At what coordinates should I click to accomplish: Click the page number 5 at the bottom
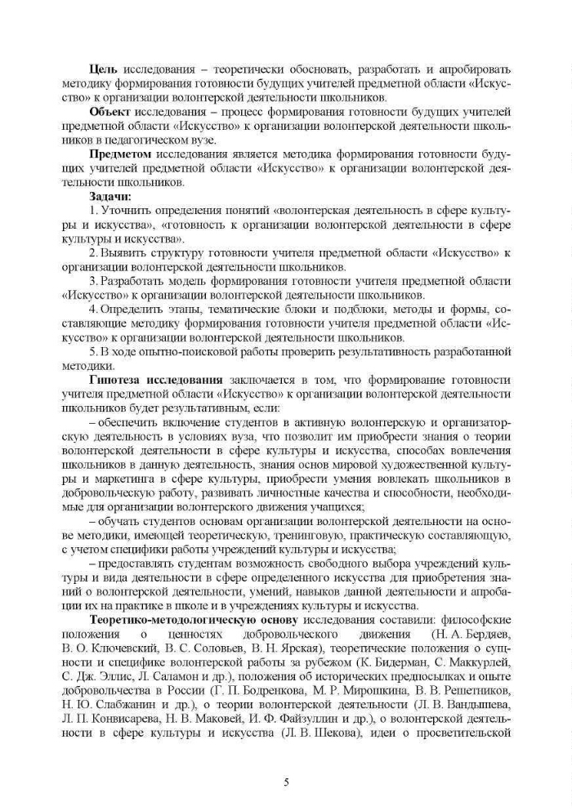coord(286,782)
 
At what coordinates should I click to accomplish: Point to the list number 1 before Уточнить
coord(92,210)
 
